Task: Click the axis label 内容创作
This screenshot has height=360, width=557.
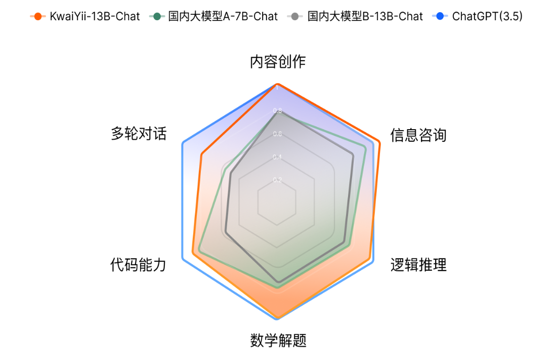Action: [277, 62]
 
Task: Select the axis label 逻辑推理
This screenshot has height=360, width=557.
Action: [418, 265]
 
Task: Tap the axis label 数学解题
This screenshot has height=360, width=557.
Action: [278, 340]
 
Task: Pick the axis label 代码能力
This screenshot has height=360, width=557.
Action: [138, 265]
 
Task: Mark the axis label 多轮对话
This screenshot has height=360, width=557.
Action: [139, 134]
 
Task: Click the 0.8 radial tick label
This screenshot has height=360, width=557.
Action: [277, 110]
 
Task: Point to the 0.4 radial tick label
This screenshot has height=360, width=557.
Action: [277, 157]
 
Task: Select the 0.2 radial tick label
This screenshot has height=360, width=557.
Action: [277, 180]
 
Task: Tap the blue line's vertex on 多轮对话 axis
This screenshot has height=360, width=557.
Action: [182, 145]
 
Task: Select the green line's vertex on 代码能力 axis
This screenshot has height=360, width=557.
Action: [199, 249]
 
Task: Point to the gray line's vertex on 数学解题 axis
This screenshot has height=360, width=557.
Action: [277, 282]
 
